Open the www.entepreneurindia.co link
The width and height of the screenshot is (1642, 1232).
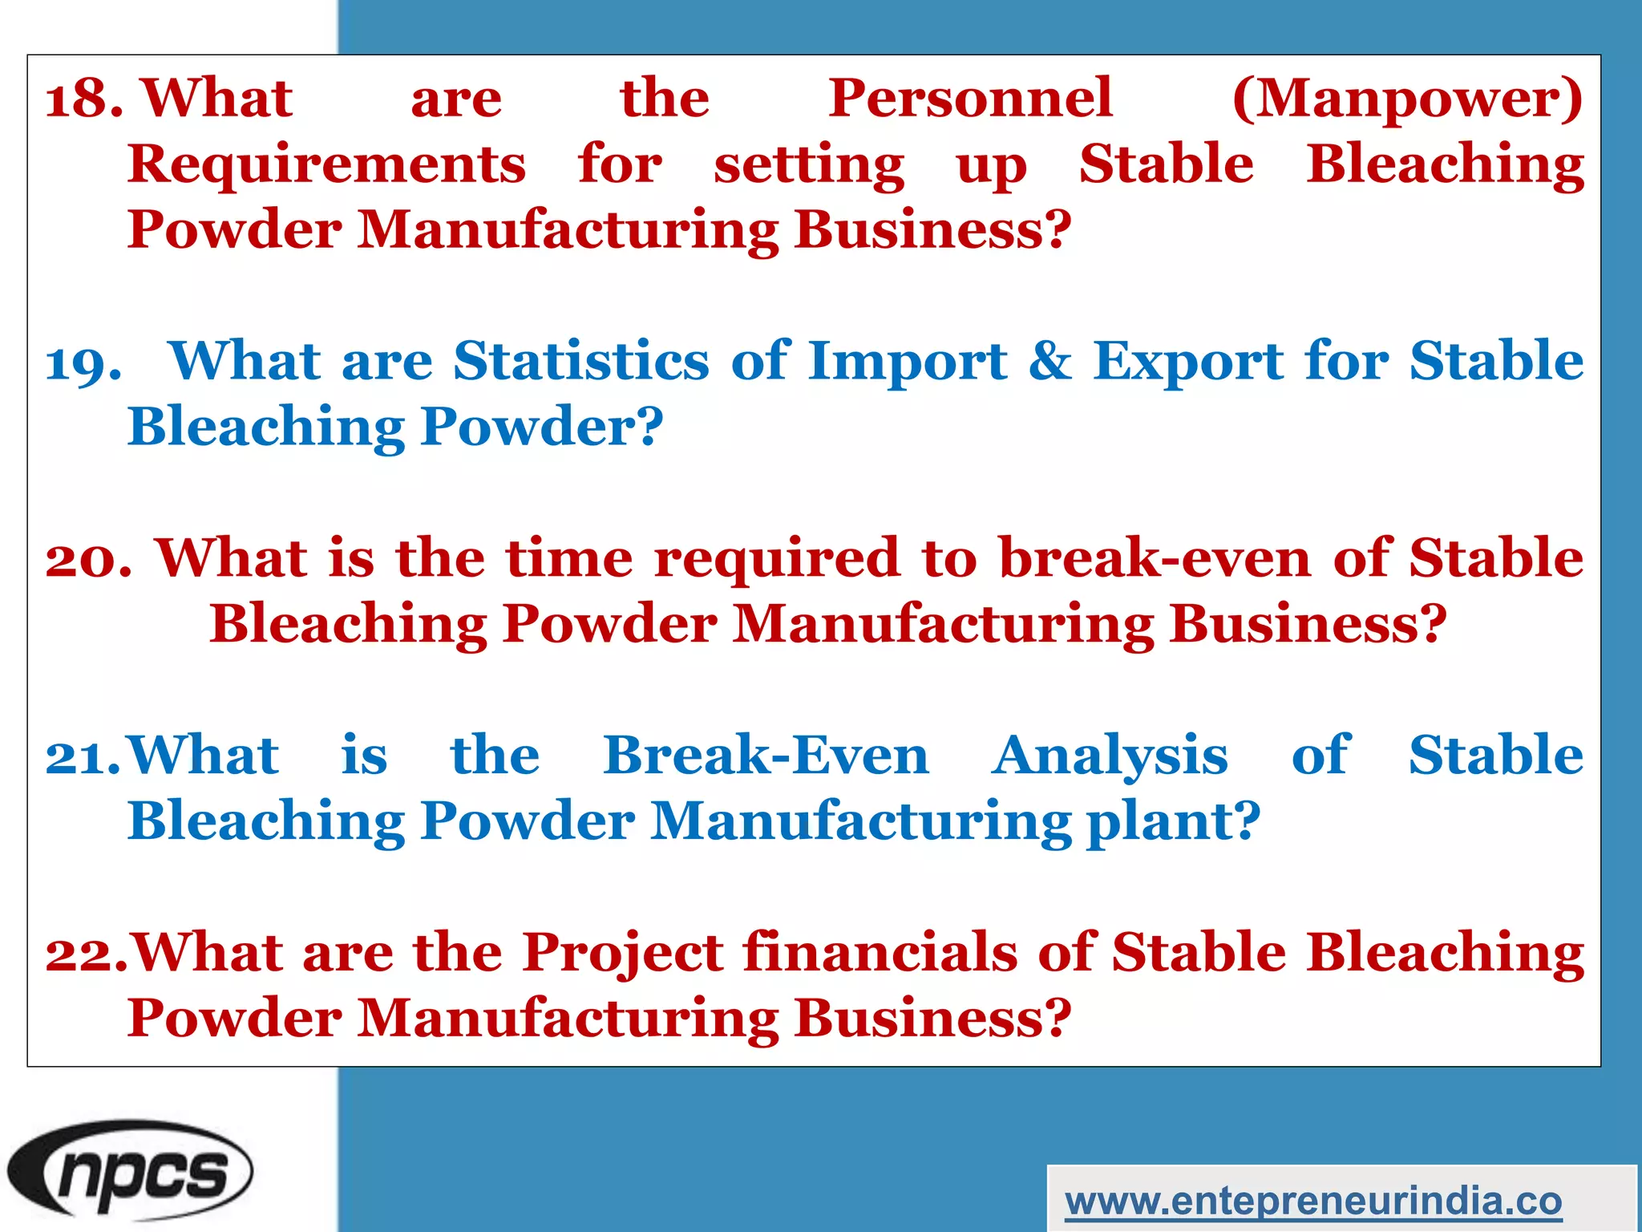(1313, 1201)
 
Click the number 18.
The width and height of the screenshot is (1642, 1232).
(83, 99)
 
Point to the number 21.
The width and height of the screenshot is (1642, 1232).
(82, 757)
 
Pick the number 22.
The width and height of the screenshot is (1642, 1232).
(85, 954)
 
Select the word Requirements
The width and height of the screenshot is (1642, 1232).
(327, 165)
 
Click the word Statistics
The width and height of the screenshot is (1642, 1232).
(581, 361)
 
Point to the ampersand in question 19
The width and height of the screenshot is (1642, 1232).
(1050, 361)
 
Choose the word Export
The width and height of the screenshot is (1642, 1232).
(1189, 363)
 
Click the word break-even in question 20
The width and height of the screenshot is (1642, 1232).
(1155, 558)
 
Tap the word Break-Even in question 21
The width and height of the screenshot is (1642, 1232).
(766, 756)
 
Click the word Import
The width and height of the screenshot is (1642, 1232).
(907, 363)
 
